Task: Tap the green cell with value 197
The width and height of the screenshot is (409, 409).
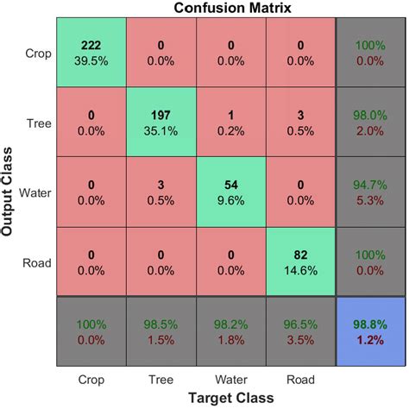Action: (160, 122)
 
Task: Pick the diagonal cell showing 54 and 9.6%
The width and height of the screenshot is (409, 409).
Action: (230, 191)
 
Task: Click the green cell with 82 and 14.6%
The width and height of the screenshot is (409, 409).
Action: (299, 261)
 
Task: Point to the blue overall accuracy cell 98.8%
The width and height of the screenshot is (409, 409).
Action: (368, 330)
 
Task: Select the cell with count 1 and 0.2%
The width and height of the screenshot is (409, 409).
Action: (230, 122)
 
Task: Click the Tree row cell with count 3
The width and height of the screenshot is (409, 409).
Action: (299, 122)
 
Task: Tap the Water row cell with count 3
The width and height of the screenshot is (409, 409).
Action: (160, 191)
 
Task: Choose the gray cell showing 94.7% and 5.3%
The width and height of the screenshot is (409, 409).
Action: (368, 191)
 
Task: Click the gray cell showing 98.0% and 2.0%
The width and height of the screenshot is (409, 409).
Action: (368, 122)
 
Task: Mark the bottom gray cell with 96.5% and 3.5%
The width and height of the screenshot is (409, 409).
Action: (299, 330)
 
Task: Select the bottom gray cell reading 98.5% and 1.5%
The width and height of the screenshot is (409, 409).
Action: (160, 330)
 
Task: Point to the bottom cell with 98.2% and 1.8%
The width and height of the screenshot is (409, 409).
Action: (230, 330)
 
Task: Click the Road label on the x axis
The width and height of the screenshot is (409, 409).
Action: (299, 378)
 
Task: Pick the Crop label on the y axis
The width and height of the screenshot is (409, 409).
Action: (37, 53)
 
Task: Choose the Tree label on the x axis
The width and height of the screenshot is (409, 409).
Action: (160, 378)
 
